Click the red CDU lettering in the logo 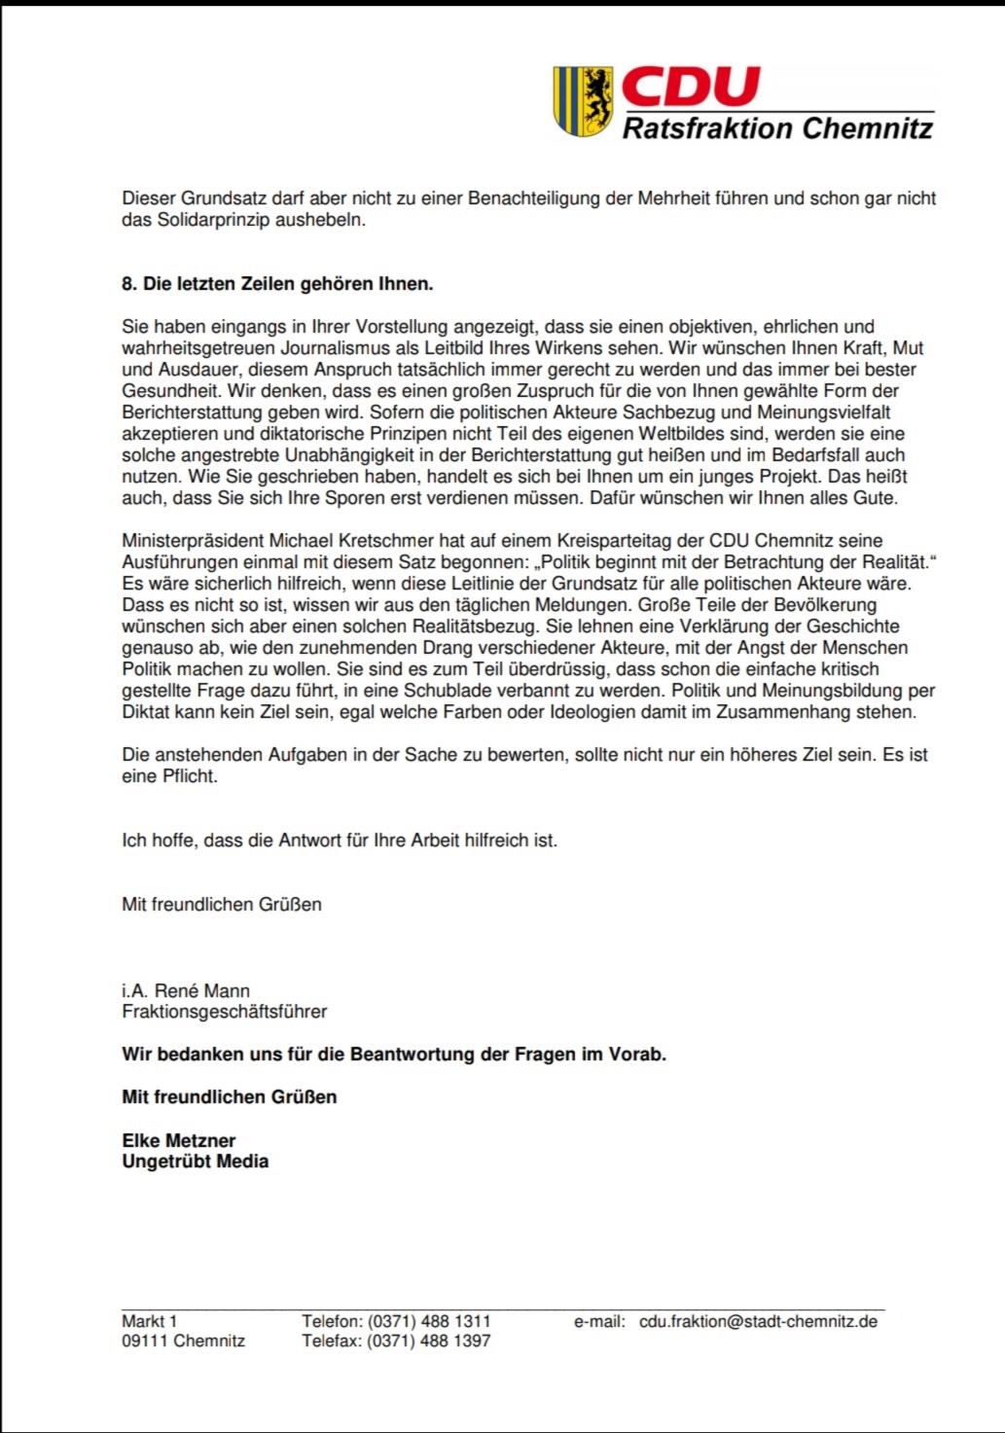[x=690, y=88]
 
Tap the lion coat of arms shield [x=583, y=101]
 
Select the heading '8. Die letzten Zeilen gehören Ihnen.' [x=277, y=284]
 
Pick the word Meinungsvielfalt [x=823, y=412]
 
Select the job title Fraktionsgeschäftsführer [x=225, y=1012]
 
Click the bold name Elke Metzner [x=179, y=1140]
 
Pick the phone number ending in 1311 [x=429, y=1321]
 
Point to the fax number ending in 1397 [x=429, y=1341]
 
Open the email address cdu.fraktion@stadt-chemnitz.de [x=758, y=1321]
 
